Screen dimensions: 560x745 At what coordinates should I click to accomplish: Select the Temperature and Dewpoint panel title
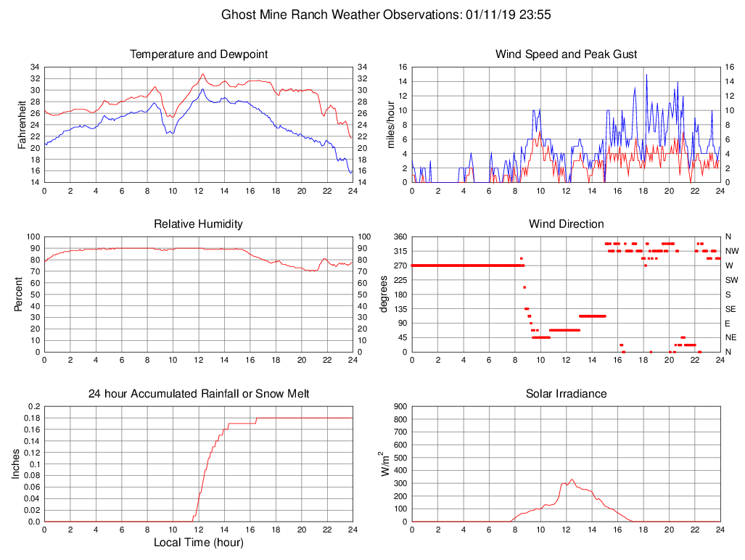199,54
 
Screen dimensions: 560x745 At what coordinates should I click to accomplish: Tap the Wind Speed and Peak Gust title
566,54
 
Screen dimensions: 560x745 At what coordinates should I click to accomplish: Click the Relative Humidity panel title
199,224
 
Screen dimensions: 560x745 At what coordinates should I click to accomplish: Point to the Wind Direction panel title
566,224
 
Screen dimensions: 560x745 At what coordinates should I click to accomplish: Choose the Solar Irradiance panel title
566,394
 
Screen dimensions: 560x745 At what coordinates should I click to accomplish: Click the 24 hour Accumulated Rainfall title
199,394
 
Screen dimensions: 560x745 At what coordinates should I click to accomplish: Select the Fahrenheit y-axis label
22,125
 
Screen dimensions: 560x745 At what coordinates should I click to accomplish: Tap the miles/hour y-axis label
391,125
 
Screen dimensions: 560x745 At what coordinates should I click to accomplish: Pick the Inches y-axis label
17,464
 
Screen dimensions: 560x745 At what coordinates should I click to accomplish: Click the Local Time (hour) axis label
199,542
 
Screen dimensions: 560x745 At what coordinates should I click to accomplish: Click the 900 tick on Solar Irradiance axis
399,407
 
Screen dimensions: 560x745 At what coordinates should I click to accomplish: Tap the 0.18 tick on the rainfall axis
31,418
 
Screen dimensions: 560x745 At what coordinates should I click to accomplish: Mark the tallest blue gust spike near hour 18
646,75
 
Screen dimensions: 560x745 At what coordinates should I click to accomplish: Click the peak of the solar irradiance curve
572,479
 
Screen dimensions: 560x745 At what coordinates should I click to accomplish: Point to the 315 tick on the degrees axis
398,251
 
